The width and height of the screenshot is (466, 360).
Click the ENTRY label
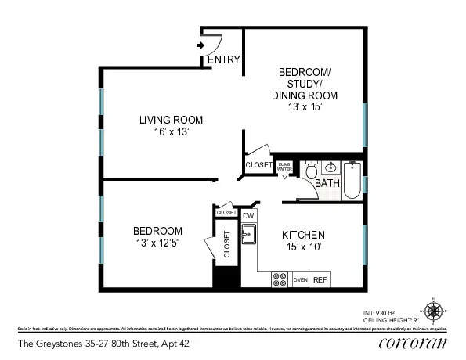pos(223,59)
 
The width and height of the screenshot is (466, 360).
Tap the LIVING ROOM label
pos(171,120)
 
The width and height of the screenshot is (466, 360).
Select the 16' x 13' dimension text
pos(171,132)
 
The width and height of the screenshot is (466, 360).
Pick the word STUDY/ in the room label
pos(305,84)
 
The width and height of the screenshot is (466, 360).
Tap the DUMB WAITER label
pos(284,166)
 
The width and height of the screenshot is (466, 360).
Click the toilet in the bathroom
pos(310,171)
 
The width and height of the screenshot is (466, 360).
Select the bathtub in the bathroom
pos(352,179)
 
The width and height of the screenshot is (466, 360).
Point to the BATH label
pos(327,184)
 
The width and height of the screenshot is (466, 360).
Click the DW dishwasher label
pos(248,215)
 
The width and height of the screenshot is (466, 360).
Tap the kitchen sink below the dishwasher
pos(248,233)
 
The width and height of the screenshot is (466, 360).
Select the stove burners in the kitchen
pos(280,279)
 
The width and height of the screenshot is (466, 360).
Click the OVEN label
pos(300,279)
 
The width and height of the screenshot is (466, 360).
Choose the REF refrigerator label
pos(320,279)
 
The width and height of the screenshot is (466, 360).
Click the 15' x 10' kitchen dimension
pos(305,248)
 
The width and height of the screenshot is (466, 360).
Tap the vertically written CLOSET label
pos(227,245)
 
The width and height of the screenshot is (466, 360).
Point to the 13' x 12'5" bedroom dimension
pos(157,243)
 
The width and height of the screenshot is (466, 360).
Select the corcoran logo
pos(412,343)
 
